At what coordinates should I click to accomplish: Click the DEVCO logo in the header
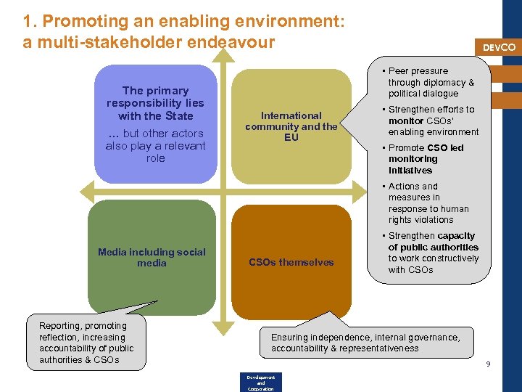point(499,47)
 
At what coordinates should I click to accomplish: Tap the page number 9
point(488,364)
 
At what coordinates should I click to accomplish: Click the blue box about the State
point(155,123)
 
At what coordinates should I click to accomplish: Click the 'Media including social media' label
point(152,258)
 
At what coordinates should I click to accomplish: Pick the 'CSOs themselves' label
point(291,262)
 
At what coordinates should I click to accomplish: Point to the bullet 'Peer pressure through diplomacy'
point(431,82)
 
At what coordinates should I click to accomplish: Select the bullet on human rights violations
point(428,203)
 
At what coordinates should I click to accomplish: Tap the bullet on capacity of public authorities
point(432,253)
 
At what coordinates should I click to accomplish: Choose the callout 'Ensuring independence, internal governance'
point(365,343)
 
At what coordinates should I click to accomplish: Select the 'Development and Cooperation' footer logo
point(260,383)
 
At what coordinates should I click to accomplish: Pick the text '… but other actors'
point(155,134)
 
